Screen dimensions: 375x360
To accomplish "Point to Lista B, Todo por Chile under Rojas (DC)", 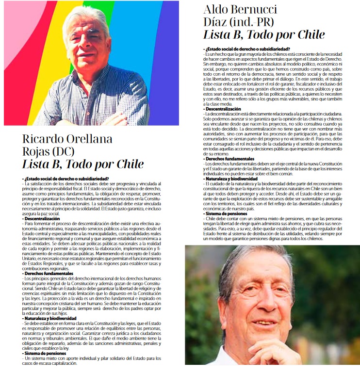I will coord(83,164).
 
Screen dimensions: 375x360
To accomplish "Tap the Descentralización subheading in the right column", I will coord(223,109).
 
